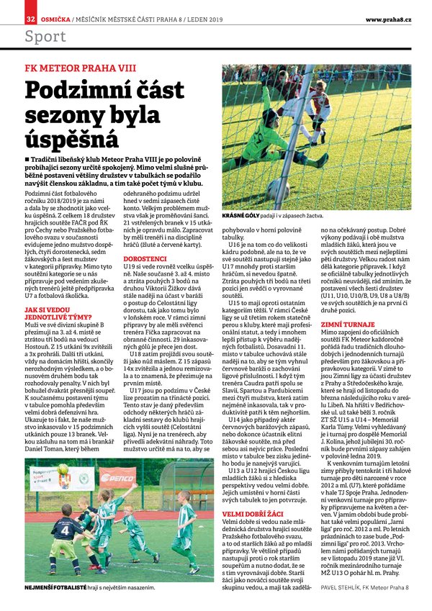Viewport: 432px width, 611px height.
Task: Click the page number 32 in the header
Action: point(30,17)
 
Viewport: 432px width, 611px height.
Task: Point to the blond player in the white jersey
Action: point(318,108)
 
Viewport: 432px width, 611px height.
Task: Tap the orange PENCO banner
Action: point(117,477)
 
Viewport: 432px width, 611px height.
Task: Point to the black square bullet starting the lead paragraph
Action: point(27,155)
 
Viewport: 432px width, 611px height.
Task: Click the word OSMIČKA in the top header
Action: point(55,17)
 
